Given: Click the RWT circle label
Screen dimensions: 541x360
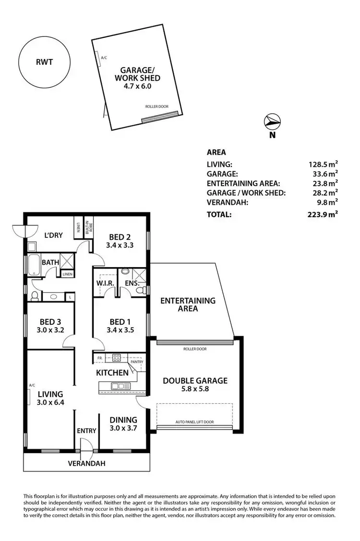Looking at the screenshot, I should [44, 62].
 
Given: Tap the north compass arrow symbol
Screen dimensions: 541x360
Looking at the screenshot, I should [272, 122].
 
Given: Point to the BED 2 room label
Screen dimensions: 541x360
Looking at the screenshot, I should [120, 236].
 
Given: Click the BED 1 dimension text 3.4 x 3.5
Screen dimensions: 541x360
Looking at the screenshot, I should [120, 329].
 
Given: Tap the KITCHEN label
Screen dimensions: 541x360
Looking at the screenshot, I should [112, 373].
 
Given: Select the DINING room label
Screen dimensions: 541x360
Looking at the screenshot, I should [123, 420].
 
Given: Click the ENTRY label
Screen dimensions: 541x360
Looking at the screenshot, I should [86, 431].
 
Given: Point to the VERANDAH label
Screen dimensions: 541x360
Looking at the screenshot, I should [86, 464].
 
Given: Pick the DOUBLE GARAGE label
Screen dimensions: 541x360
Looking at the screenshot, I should [194, 381].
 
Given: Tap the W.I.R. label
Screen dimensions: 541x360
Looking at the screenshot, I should [105, 283].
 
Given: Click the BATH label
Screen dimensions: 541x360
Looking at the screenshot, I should [50, 263].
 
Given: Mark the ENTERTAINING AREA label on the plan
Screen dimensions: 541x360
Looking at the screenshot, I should [188, 305].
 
